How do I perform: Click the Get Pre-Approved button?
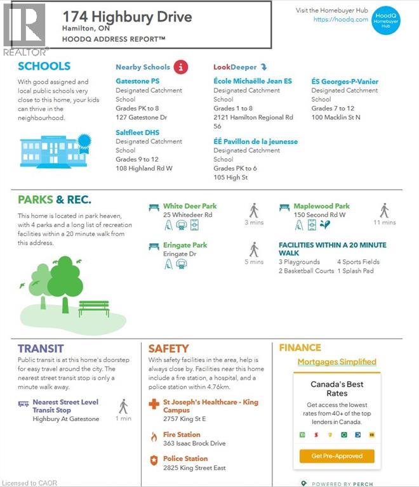point(337,456)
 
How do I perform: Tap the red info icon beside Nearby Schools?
point(181,67)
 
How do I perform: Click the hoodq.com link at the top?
point(341,20)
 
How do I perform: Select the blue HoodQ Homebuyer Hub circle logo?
point(385,20)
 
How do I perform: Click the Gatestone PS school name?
point(137,82)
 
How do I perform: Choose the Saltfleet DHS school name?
point(137,133)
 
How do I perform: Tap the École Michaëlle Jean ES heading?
point(253,82)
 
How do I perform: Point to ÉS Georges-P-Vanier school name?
point(345,82)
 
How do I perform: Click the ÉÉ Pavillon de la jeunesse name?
point(255,141)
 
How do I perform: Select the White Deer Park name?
point(190,206)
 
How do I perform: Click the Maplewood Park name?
point(321,206)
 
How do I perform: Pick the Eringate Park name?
point(185,245)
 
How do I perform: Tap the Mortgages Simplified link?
point(337,362)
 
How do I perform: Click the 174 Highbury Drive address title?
point(127,16)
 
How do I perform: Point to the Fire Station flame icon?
point(153,437)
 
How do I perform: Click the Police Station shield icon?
point(153,461)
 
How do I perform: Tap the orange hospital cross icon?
point(154,404)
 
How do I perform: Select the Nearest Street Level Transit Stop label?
point(65,406)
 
